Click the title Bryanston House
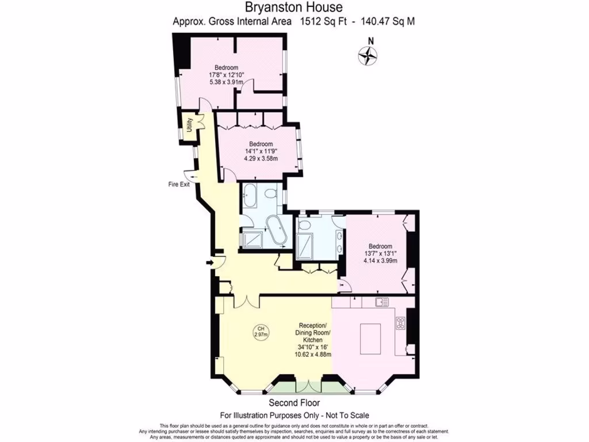pos(294,7)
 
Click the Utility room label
pos(188,126)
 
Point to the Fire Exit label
pos(179,185)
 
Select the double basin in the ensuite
pos(341,242)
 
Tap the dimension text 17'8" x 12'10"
pos(227,75)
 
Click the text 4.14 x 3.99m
pos(380,261)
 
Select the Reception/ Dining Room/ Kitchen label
pos(313,333)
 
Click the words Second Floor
pos(294,403)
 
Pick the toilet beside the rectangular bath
pos(270,195)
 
